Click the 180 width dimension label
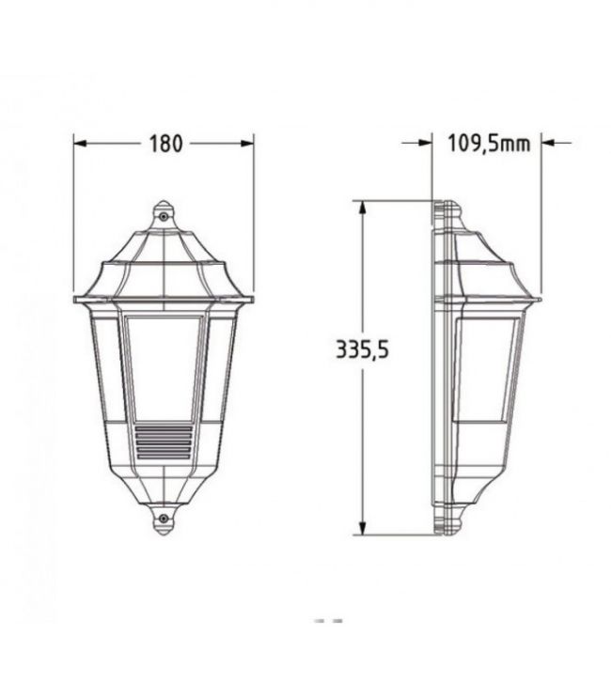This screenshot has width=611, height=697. [x=165, y=144]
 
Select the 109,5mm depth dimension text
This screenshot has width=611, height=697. [x=489, y=143]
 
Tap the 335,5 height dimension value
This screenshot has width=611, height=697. [x=362, y=349]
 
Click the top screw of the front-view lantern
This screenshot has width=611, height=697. [x=164, y=216]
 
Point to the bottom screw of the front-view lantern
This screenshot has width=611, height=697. [x=164, y=519]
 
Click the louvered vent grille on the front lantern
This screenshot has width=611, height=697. [x=164, y=442]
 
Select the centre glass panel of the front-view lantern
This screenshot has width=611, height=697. [x=164, y=368]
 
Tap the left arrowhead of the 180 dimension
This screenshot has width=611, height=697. [x=80, y=143]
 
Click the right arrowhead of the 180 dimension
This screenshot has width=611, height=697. [x=247, y=143]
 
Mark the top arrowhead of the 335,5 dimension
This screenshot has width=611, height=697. [x=363, y=208]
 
